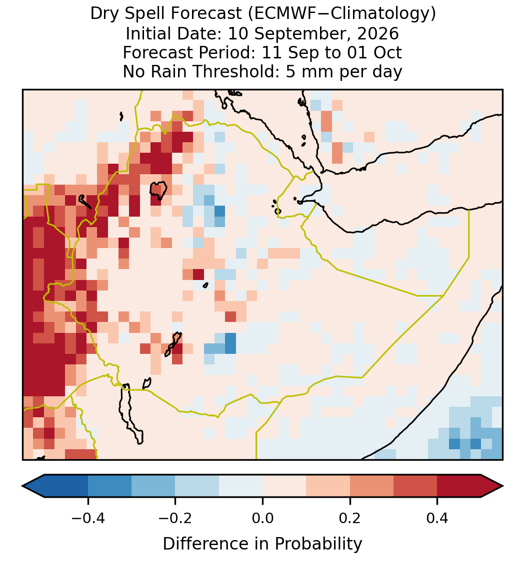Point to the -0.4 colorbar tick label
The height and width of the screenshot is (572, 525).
click(87, 518)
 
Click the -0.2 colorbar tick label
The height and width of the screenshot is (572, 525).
click(175, 518)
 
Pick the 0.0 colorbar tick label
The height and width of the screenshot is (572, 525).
click(262, 518)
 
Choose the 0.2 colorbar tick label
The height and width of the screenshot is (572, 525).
click(350, 518)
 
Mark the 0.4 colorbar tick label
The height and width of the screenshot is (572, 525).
click(437, 518)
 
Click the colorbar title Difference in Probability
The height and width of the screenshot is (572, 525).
click(262, 544)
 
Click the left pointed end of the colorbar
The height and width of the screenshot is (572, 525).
click(22, 486)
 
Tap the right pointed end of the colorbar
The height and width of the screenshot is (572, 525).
click(502, 486)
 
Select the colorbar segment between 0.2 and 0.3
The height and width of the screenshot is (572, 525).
click(372, 486)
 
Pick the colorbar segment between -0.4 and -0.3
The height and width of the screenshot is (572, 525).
click(109, 486)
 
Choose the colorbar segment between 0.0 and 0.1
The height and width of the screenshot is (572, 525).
click(284, 486)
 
